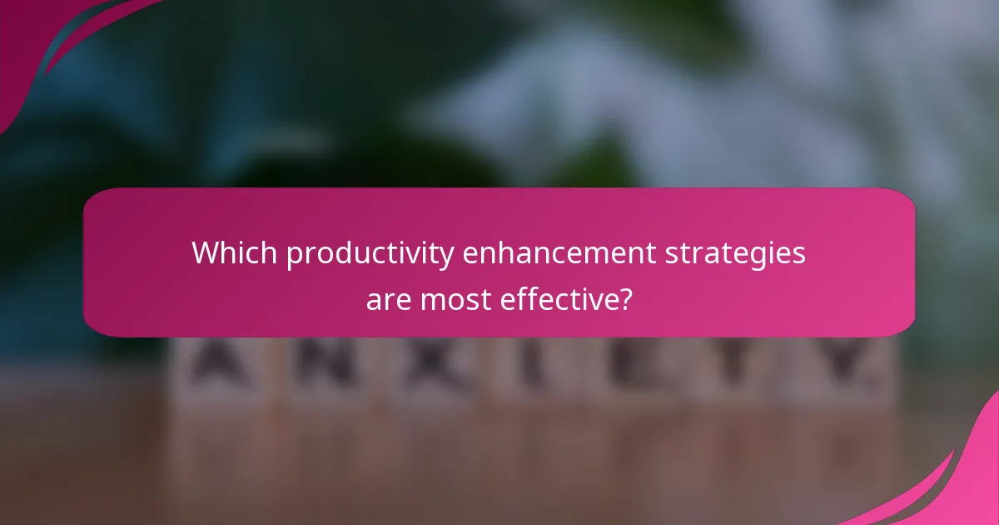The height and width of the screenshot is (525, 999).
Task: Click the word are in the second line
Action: click(x=388, y=298)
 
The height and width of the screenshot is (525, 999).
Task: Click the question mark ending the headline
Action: click(x=624, y=298)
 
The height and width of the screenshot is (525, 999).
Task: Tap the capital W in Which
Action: click(x=205, y=253)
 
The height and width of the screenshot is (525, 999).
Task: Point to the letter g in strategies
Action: click(x=766, y=257)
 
